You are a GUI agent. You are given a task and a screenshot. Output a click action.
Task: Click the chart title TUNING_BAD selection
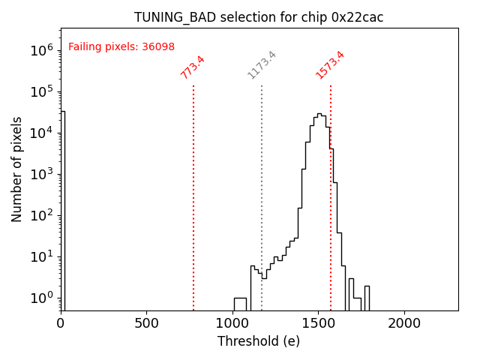pos(259,17)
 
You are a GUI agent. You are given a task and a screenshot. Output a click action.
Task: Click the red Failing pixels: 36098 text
pos(121,47)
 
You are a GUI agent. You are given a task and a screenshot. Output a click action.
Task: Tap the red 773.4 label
pos(193,67)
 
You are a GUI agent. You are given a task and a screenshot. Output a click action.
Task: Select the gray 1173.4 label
pos(262,65)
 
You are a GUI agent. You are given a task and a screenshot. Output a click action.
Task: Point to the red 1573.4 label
pos(330,65)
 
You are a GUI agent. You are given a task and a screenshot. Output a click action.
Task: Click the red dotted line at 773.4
pos(193,195)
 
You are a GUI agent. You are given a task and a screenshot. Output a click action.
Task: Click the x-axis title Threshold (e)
pos(259,341)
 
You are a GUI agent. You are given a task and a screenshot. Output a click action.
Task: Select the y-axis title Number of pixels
pos(17,169)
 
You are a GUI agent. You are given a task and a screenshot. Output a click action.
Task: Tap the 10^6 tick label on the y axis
pos(41,50)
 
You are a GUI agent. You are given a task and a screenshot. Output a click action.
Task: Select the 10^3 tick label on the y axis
pos(41,174)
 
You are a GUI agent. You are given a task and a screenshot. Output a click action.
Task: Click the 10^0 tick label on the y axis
pos(41,298)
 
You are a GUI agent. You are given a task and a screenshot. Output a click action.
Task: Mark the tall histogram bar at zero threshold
pos(62,210)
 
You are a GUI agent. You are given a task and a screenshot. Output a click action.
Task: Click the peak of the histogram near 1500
pos(319,115)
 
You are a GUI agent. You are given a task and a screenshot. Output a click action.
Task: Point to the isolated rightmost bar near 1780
pos(367,298)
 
